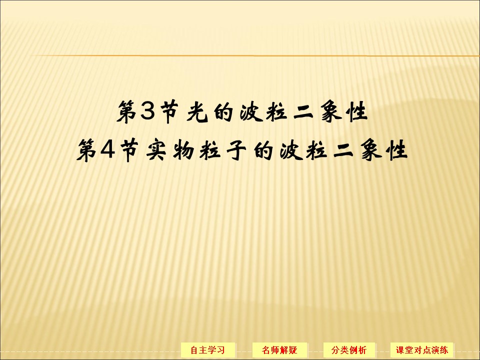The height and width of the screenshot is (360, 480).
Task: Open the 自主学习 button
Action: [x=207, y=349]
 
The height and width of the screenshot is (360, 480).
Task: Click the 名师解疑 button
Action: [x=280, y=349]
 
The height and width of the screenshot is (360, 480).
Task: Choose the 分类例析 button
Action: [x=349, y=349]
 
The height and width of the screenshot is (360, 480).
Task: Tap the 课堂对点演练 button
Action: [x=422, y=349]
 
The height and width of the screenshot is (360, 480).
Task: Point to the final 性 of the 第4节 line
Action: [x=396, y=149]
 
